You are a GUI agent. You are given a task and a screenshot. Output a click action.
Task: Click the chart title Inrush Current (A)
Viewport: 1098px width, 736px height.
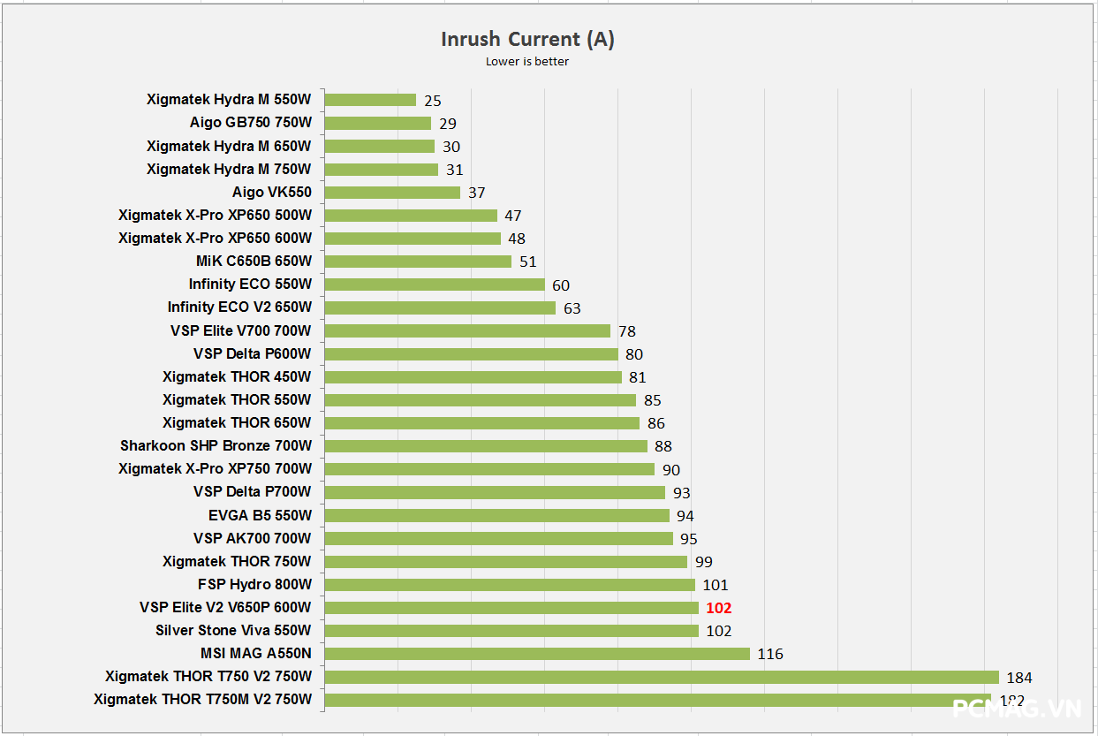(x=527, y=39)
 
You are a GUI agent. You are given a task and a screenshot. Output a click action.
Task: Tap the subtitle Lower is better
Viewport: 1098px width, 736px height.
(x=527, y=62)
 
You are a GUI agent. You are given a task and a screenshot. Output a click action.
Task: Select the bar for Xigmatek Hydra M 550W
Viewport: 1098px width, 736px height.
(x=370, y=100)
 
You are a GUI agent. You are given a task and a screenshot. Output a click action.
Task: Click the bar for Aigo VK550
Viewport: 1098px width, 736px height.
(x=392, y=192)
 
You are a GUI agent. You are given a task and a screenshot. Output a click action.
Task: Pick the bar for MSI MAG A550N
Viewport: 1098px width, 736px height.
(x=537, y=653)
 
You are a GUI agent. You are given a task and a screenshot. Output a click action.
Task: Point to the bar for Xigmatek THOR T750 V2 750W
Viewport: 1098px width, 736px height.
(x=662, y=677)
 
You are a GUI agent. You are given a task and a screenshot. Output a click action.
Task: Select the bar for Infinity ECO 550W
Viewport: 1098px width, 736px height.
(x=435, y=285)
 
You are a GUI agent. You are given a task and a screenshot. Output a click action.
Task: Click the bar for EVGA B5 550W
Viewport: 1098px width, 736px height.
(x=496, y=515)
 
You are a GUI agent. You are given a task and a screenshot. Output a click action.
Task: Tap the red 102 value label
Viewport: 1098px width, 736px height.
(x=719, y=608)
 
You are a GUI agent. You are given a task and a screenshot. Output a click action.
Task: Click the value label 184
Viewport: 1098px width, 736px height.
(x=1018, y=678)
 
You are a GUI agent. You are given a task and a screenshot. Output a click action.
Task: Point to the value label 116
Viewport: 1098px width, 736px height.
(x=769, y=654)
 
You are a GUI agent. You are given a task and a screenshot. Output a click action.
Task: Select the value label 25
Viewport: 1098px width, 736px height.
(x=432, y=101)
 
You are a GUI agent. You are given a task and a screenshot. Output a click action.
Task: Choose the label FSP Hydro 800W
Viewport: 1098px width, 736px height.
(x=254, y=584)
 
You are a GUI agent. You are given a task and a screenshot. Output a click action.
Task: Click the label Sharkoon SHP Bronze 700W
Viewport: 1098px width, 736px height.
(x=216, y=445)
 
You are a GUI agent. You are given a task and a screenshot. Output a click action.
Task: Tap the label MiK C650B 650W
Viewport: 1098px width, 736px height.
(x=254, y=261)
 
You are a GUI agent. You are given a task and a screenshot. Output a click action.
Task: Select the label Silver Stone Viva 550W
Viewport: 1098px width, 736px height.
(x=233, y=630)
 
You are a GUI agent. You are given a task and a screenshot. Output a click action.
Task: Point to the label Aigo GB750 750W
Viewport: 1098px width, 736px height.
(x=250, y=123)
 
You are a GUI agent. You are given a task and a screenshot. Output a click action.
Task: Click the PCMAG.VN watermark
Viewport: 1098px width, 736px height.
(x=1016, y=709)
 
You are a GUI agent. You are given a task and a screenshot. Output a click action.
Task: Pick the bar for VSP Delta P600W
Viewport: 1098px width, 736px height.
(x=471, y=353)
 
